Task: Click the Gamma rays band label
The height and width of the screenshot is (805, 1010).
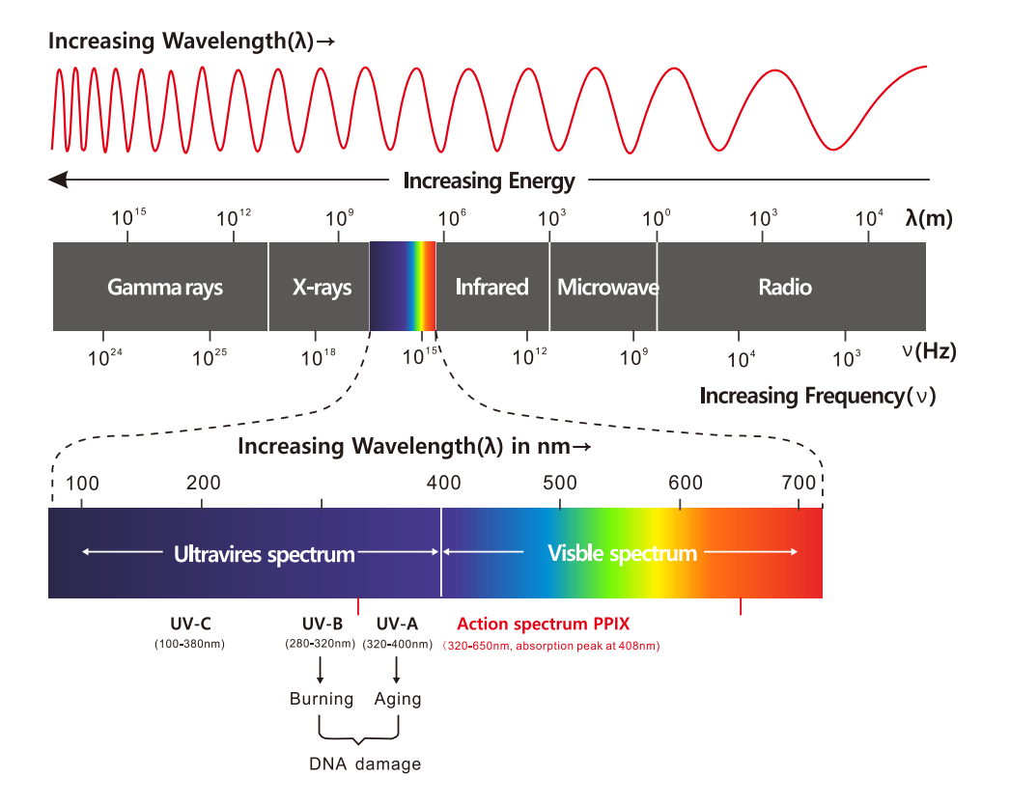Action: (165, 287)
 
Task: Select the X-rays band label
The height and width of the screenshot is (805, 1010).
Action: (322, 287)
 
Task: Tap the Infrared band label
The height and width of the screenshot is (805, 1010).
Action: (491, 287)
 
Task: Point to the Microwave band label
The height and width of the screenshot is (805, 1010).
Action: (607, 287)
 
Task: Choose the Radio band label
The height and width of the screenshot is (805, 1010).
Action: (785, 287)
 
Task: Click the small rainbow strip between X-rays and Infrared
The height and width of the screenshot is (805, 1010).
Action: (403, 287)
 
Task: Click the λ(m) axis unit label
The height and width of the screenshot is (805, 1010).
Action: (929, 218)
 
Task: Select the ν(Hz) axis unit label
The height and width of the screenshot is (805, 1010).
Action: (929, 350)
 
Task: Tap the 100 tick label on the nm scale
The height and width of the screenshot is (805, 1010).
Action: (82, 483)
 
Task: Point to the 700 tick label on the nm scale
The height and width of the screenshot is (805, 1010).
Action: (799, 483)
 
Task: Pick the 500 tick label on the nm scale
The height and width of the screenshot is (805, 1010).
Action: (560, 483)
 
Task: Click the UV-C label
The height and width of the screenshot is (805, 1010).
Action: (189, 624)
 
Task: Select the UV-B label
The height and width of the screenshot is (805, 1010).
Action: (322, 624)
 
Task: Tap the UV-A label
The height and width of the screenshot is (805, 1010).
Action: (397, 624)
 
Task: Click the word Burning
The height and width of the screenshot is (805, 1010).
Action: (322, 699)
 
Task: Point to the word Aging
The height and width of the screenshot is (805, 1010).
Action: (398, 699)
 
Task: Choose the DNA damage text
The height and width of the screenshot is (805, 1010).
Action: (365, 763)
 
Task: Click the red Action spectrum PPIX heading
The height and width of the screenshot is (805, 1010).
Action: (543, 624)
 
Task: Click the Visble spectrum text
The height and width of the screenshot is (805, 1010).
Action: (622, 553)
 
